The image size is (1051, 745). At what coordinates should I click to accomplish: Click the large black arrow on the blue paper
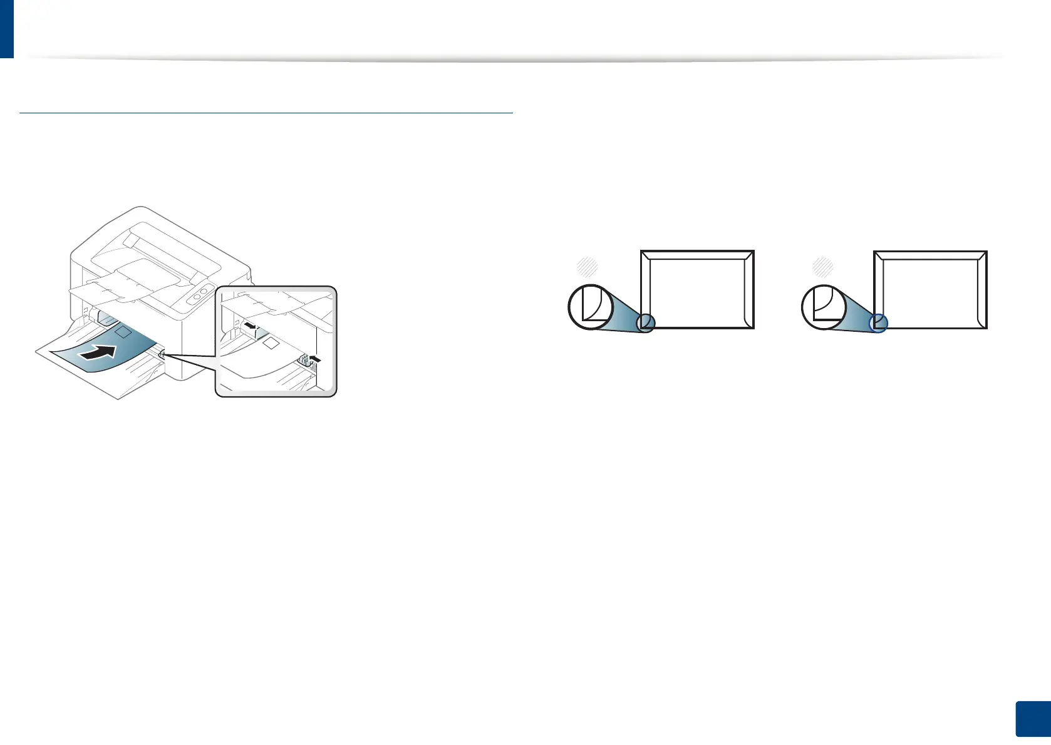coord(99,354)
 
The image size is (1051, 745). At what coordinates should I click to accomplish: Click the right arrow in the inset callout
coord(314,359)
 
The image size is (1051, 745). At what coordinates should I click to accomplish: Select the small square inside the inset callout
coord(271,343)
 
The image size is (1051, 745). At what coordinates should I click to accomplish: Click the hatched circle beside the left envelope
coord(587,267)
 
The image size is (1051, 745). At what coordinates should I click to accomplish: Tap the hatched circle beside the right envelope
coord(822,267)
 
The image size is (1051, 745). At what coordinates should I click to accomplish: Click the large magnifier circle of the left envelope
coord(590,306)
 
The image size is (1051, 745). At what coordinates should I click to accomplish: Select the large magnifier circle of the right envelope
coord(824,307)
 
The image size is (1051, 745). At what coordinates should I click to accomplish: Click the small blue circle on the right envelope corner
coord(879,323)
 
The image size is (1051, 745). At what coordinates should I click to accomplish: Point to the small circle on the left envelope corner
coord(646,323)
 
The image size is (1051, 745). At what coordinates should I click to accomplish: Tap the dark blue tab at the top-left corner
coord(6,28)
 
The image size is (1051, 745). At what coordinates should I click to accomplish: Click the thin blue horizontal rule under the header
coord(266,113)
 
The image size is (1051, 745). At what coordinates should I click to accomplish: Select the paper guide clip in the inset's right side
coord(304,359)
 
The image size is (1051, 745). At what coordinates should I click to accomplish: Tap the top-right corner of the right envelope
coord(986,252)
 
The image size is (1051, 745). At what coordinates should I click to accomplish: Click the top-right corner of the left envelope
coord(753,252)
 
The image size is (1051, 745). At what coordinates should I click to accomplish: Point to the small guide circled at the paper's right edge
coord(162,354)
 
